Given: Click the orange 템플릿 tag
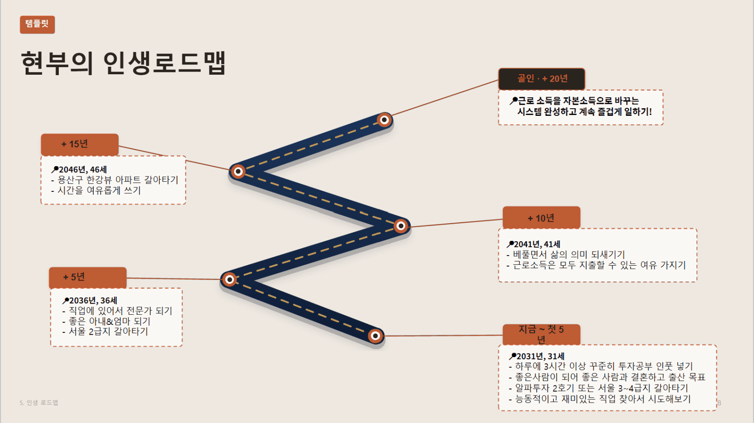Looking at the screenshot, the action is click(38, 25).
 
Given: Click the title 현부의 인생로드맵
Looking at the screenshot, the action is click(123, 63).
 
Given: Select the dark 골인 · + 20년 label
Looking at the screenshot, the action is click(541, 79).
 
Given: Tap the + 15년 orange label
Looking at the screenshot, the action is click(80, 145).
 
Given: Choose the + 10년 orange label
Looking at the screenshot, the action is click(541, 218).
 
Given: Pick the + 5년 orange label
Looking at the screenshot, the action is click(88, 277).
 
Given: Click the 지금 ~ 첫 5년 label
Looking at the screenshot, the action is click(541, 335).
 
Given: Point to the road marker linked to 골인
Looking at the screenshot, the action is click(384, 120).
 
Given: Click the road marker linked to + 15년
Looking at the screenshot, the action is click(238, 171).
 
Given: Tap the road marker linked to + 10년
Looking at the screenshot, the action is click(400, 226).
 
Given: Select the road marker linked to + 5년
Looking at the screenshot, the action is click(229, 279).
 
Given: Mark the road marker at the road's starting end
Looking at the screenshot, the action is click(376, 335).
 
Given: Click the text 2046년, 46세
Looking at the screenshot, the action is click(83, 170).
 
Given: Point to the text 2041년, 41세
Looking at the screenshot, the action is click(537, 244).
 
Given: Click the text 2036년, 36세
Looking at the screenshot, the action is click(93, 301).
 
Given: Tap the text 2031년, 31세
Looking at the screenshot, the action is click(541, 356).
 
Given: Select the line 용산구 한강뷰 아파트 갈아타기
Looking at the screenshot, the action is click(114, 180).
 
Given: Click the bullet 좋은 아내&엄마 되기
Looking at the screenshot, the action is click(107, 321).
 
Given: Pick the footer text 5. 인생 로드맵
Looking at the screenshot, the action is click(39, 403).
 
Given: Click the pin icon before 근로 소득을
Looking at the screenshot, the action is click(513, 100).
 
